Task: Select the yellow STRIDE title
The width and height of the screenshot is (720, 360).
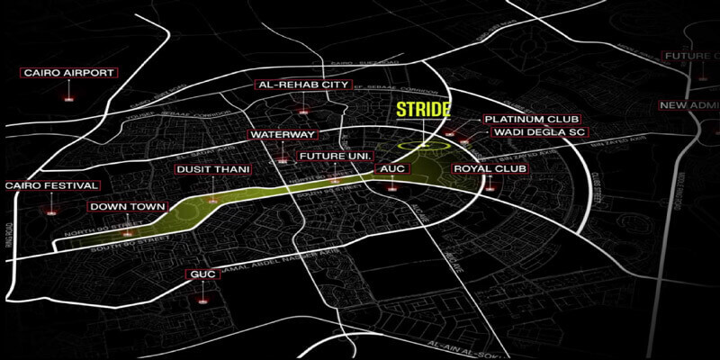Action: [x=423, y=112]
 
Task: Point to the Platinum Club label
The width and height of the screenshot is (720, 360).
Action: [x=531, y=119]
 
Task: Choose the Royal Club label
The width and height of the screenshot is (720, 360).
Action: [x=490, y=168]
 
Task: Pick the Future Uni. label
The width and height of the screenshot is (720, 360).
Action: [x=334, y=157]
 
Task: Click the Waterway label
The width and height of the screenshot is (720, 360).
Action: [x=283, y=135]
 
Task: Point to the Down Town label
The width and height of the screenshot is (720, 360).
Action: [x=128, y=207]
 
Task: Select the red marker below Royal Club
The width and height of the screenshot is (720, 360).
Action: [x=490, y=189]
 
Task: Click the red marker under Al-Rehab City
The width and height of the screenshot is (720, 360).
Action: [x=304, y=112]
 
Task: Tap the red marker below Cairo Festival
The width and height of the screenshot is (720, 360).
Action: [x=50, y=213]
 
